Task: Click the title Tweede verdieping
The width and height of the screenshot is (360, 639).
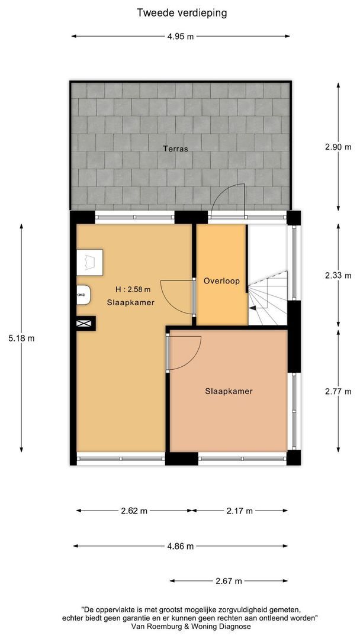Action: tap(181, 13)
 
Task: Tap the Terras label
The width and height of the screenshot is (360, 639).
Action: tap(175, 149)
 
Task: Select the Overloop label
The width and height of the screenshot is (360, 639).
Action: tap(221, 281)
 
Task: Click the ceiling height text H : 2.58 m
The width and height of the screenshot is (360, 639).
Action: tap(133, 290)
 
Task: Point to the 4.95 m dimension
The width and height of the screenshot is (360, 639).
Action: tap(181, 36)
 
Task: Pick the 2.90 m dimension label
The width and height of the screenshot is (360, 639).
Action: tap(338, 147)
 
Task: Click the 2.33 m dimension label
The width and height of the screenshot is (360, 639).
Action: tap(338, 276)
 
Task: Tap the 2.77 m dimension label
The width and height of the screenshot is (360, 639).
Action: tap(338, 392)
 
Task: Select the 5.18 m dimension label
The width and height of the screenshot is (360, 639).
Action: tap(21, 338)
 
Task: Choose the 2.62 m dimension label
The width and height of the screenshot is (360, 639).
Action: tap(134, 511)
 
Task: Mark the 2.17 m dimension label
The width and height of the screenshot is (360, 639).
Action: tap(239, 511)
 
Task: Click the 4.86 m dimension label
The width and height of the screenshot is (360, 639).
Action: tap(180, 546)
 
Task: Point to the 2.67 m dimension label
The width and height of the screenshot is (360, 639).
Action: tap(229, 581)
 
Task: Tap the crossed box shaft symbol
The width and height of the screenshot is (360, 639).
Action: tap(86, 324)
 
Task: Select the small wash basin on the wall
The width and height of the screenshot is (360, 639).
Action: tap(83, 295)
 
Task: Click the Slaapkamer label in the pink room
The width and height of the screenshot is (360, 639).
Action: tap(229, 391)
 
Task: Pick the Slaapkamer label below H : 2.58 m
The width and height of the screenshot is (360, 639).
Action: tap(130, 302)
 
